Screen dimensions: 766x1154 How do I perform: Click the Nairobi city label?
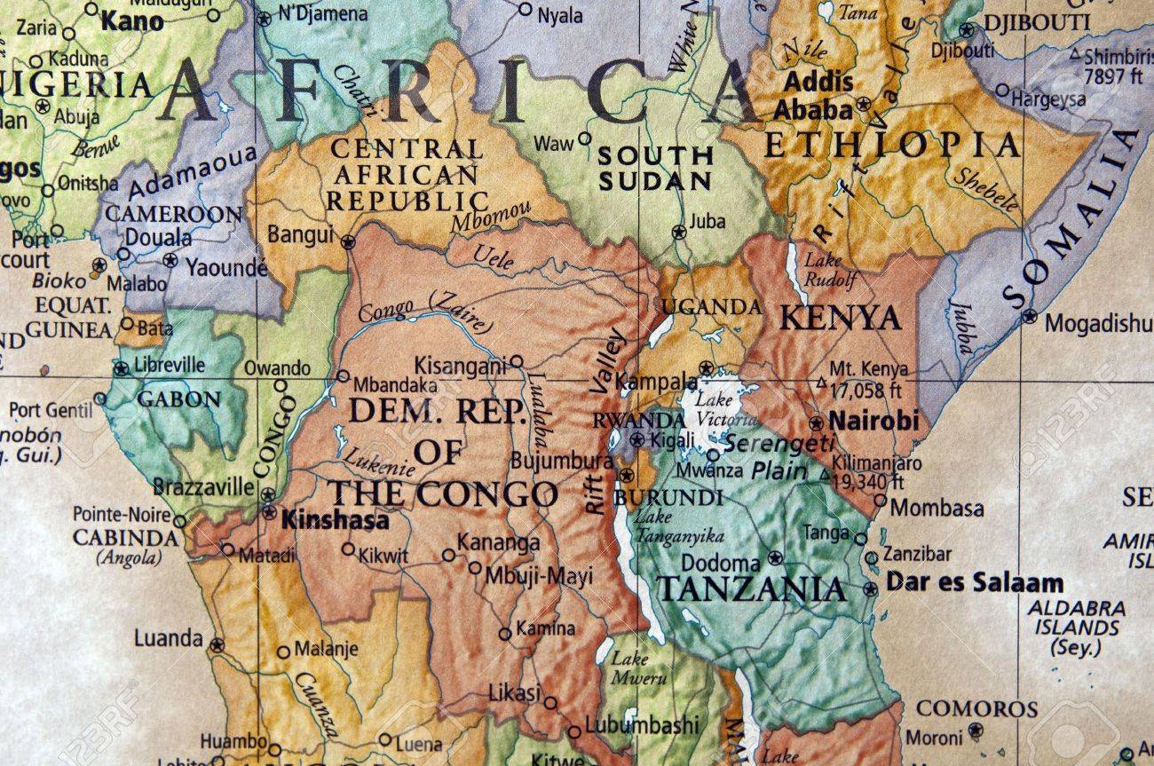pyautogui.click(x=873, y=421)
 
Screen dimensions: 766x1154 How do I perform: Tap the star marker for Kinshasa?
pyautogui.click(x=269, y=512)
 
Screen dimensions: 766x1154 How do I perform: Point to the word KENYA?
pyautogui.click(x=840, y=318)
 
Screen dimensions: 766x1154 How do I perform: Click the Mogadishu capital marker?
pyautogui.click(x=1029, y=315)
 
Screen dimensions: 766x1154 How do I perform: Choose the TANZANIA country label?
pyautogui.click(x=750, y=588)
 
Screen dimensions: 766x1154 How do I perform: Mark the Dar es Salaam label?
pyautogui.click(x=974, y=583)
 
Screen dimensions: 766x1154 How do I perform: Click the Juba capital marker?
pyautogui.click(x=679, y=233)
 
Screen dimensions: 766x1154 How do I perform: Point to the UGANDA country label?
pyautogui.click(x=712, y=307)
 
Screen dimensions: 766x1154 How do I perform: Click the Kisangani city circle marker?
pyautogui.click(x=516, y=361)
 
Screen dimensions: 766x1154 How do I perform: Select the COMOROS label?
pyautogui.click(x=976, y=708)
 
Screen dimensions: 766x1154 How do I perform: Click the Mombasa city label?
pyautogui.click(x=936, y=508)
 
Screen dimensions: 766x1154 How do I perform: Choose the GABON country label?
pyautogui.click(x=178, y=399)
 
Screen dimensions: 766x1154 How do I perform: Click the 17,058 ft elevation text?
pyautogui.click(x=866, y=389)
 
